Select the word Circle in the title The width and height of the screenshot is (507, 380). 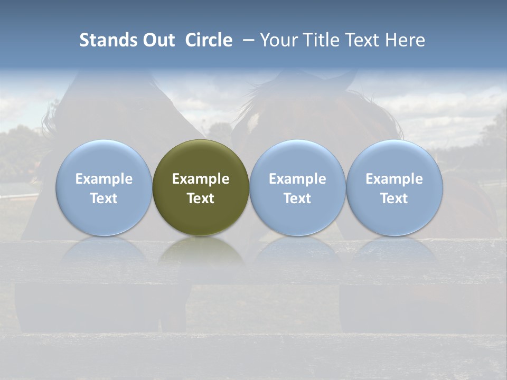[x=209, y=40]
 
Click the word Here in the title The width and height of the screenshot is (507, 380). [x=406, y=40]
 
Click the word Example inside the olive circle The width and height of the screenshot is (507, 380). [x=201, y=179]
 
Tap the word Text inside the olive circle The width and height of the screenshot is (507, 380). [x=201, y=198]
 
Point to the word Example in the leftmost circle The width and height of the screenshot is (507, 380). [x=104, y=179]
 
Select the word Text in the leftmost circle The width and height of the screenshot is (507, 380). [x=104, y=198]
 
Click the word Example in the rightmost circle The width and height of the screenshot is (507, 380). [x=394, y=179]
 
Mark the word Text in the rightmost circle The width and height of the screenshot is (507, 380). [x=394, y=198]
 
